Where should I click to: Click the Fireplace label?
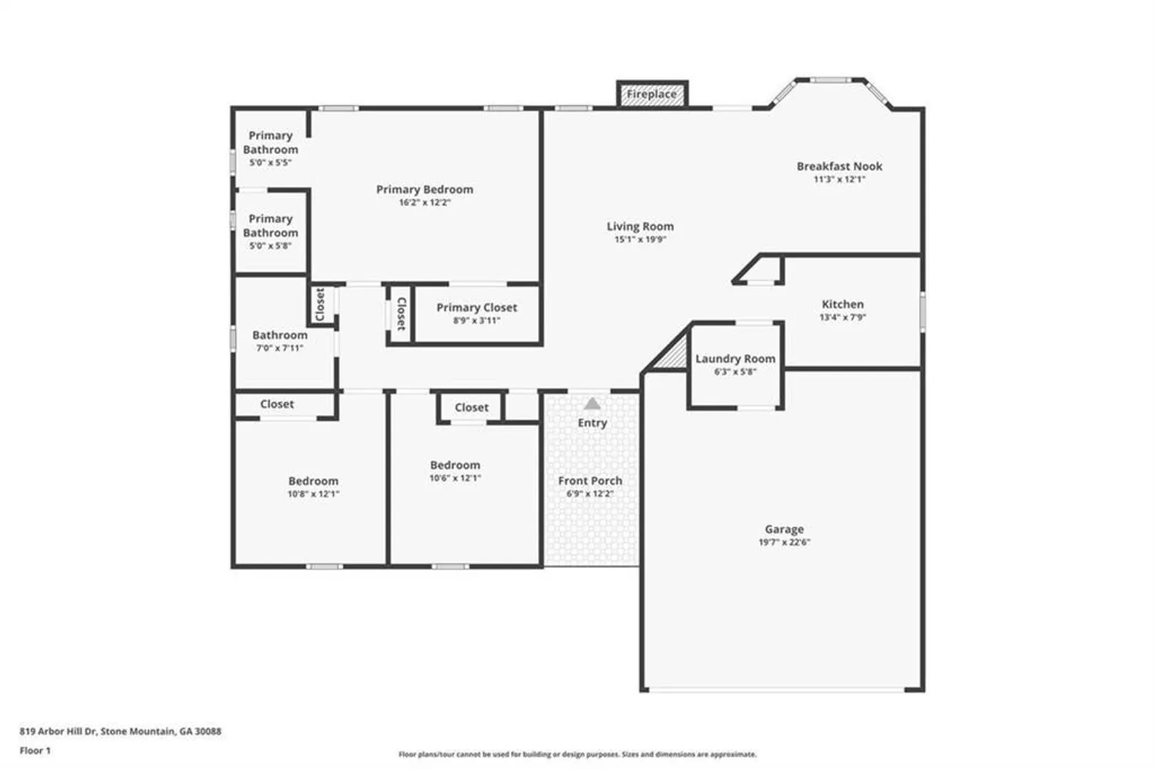652,95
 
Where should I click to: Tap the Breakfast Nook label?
840,166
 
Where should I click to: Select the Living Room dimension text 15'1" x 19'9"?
640,239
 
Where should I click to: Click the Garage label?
784,529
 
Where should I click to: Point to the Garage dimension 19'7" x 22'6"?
784,542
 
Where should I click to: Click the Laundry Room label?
736,359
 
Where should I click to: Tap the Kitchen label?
842,304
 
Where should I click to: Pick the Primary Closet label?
477,308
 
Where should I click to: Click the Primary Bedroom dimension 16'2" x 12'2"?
425,202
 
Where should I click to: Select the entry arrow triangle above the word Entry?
592,403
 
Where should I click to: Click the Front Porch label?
590,481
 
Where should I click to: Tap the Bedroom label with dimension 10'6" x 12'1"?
455,465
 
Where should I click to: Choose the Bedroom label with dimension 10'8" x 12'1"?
313,481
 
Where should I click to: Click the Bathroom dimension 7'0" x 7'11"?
280,348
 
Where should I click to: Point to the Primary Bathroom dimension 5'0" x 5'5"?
271,162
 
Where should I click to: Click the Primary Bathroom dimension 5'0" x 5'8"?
271,246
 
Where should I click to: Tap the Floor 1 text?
35,750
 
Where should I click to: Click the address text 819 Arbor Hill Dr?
58,731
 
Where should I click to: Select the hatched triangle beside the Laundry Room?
673,353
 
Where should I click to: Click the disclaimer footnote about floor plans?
577,754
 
